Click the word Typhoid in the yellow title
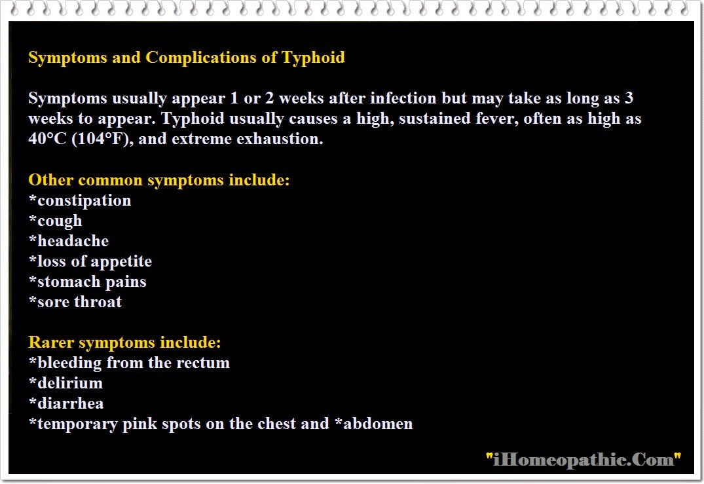click(x=313, y=58)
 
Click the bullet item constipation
click(x=80, y=200)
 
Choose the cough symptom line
click(x=55, y=221)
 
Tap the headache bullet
click(x=69, y=241)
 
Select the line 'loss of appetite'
click(x=90, y=262)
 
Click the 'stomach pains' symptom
click(x=88, y=282)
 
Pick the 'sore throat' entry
click(x=75, y=302)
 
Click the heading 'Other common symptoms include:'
click(x=159, y=181)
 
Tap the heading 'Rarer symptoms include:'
click(x=124, y=343)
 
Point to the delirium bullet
click(x=65, y=383)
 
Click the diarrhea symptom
click(x=66, y=403)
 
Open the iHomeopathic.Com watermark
click(x=584, y=460)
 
